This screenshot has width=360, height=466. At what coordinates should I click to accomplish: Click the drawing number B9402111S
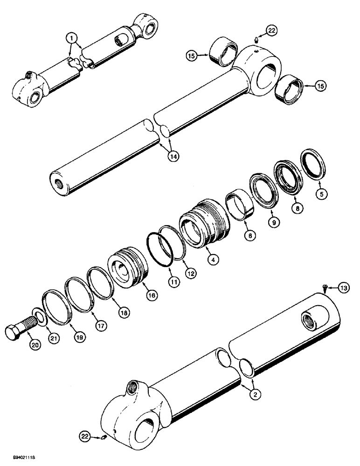click(x=17, y=460)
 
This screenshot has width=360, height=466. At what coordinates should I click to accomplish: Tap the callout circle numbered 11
click(x=174, y=281)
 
